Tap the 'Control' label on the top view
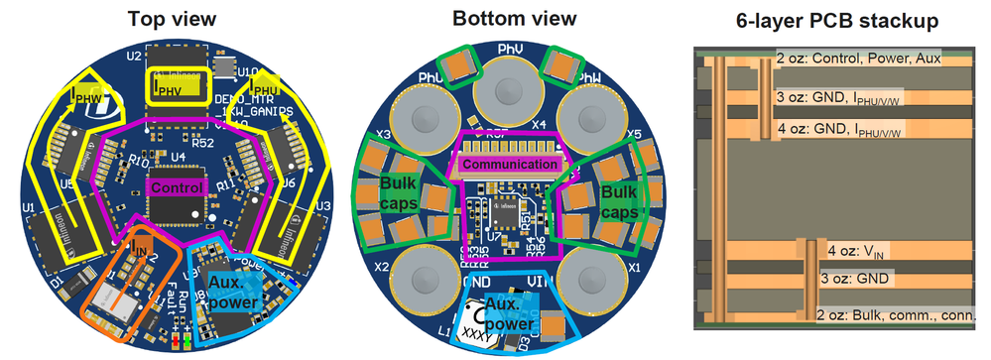point(177,185)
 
